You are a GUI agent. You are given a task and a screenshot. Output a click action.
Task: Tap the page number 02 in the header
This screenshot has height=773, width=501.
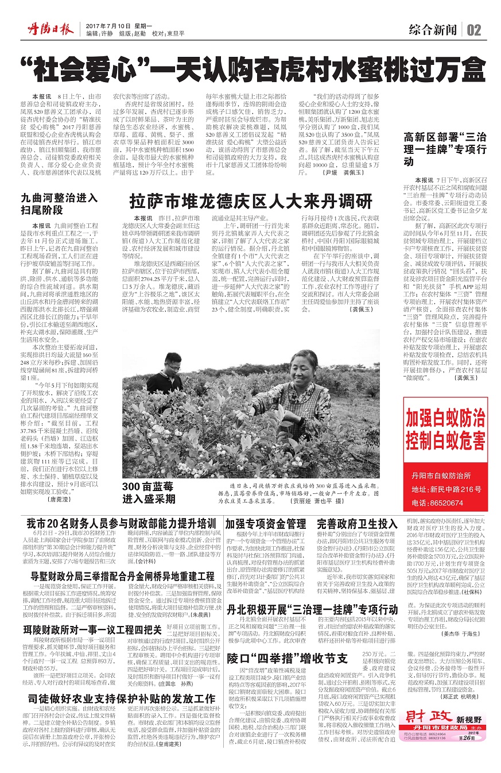(x=474, y=30)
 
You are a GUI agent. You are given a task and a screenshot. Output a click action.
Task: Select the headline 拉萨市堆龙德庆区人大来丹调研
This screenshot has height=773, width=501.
(x=251, y=202)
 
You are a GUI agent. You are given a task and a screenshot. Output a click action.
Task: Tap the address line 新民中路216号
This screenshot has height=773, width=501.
(x=452, y=489)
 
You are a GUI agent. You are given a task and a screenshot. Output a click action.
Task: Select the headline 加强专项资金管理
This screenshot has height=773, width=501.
(x=265, y=524)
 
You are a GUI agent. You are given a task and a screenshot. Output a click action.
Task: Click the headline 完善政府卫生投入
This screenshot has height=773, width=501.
(x=357, y=524)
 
